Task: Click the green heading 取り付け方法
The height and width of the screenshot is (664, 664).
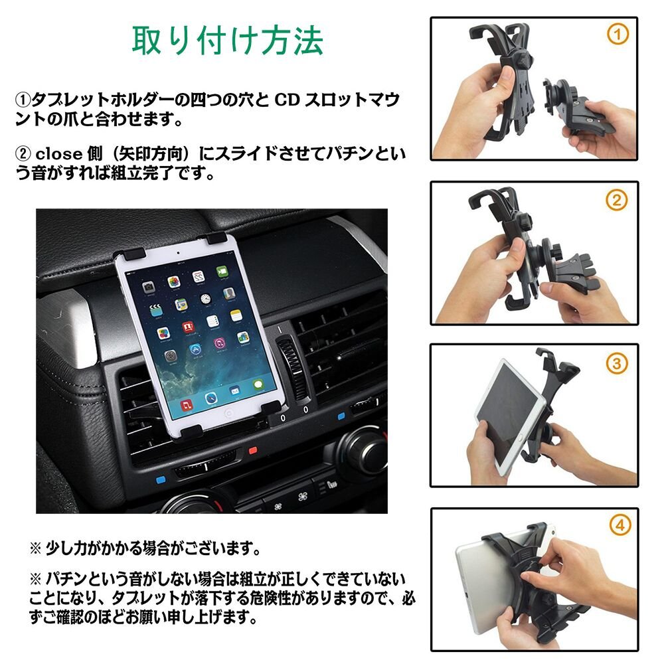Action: pos(228,41)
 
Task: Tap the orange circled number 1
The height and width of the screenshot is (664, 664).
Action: pos(618,35)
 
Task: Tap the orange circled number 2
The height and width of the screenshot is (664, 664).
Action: pos(617,200)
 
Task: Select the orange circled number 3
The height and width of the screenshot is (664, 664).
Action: pos(616,363)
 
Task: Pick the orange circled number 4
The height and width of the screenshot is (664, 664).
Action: pos(620,525)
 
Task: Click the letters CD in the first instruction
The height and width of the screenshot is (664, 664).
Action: pos(287,100)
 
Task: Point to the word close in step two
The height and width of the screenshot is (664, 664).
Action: pos(58,154)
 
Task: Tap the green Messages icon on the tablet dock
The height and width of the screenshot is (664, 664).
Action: pos(258,384)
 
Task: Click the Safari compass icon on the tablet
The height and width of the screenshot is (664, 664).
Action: pos(211,398)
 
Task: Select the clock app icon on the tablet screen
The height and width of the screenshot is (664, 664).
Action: pos(205,299)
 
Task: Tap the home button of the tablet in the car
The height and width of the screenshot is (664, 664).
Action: pos(228,414)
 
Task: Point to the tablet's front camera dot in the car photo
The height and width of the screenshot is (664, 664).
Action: pos(178,253)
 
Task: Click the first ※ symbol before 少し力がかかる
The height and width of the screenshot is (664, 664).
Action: pos(35,549)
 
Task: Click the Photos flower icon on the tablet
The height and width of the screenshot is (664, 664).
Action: pos(174,282)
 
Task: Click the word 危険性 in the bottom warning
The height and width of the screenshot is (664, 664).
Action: pos(271,598)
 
